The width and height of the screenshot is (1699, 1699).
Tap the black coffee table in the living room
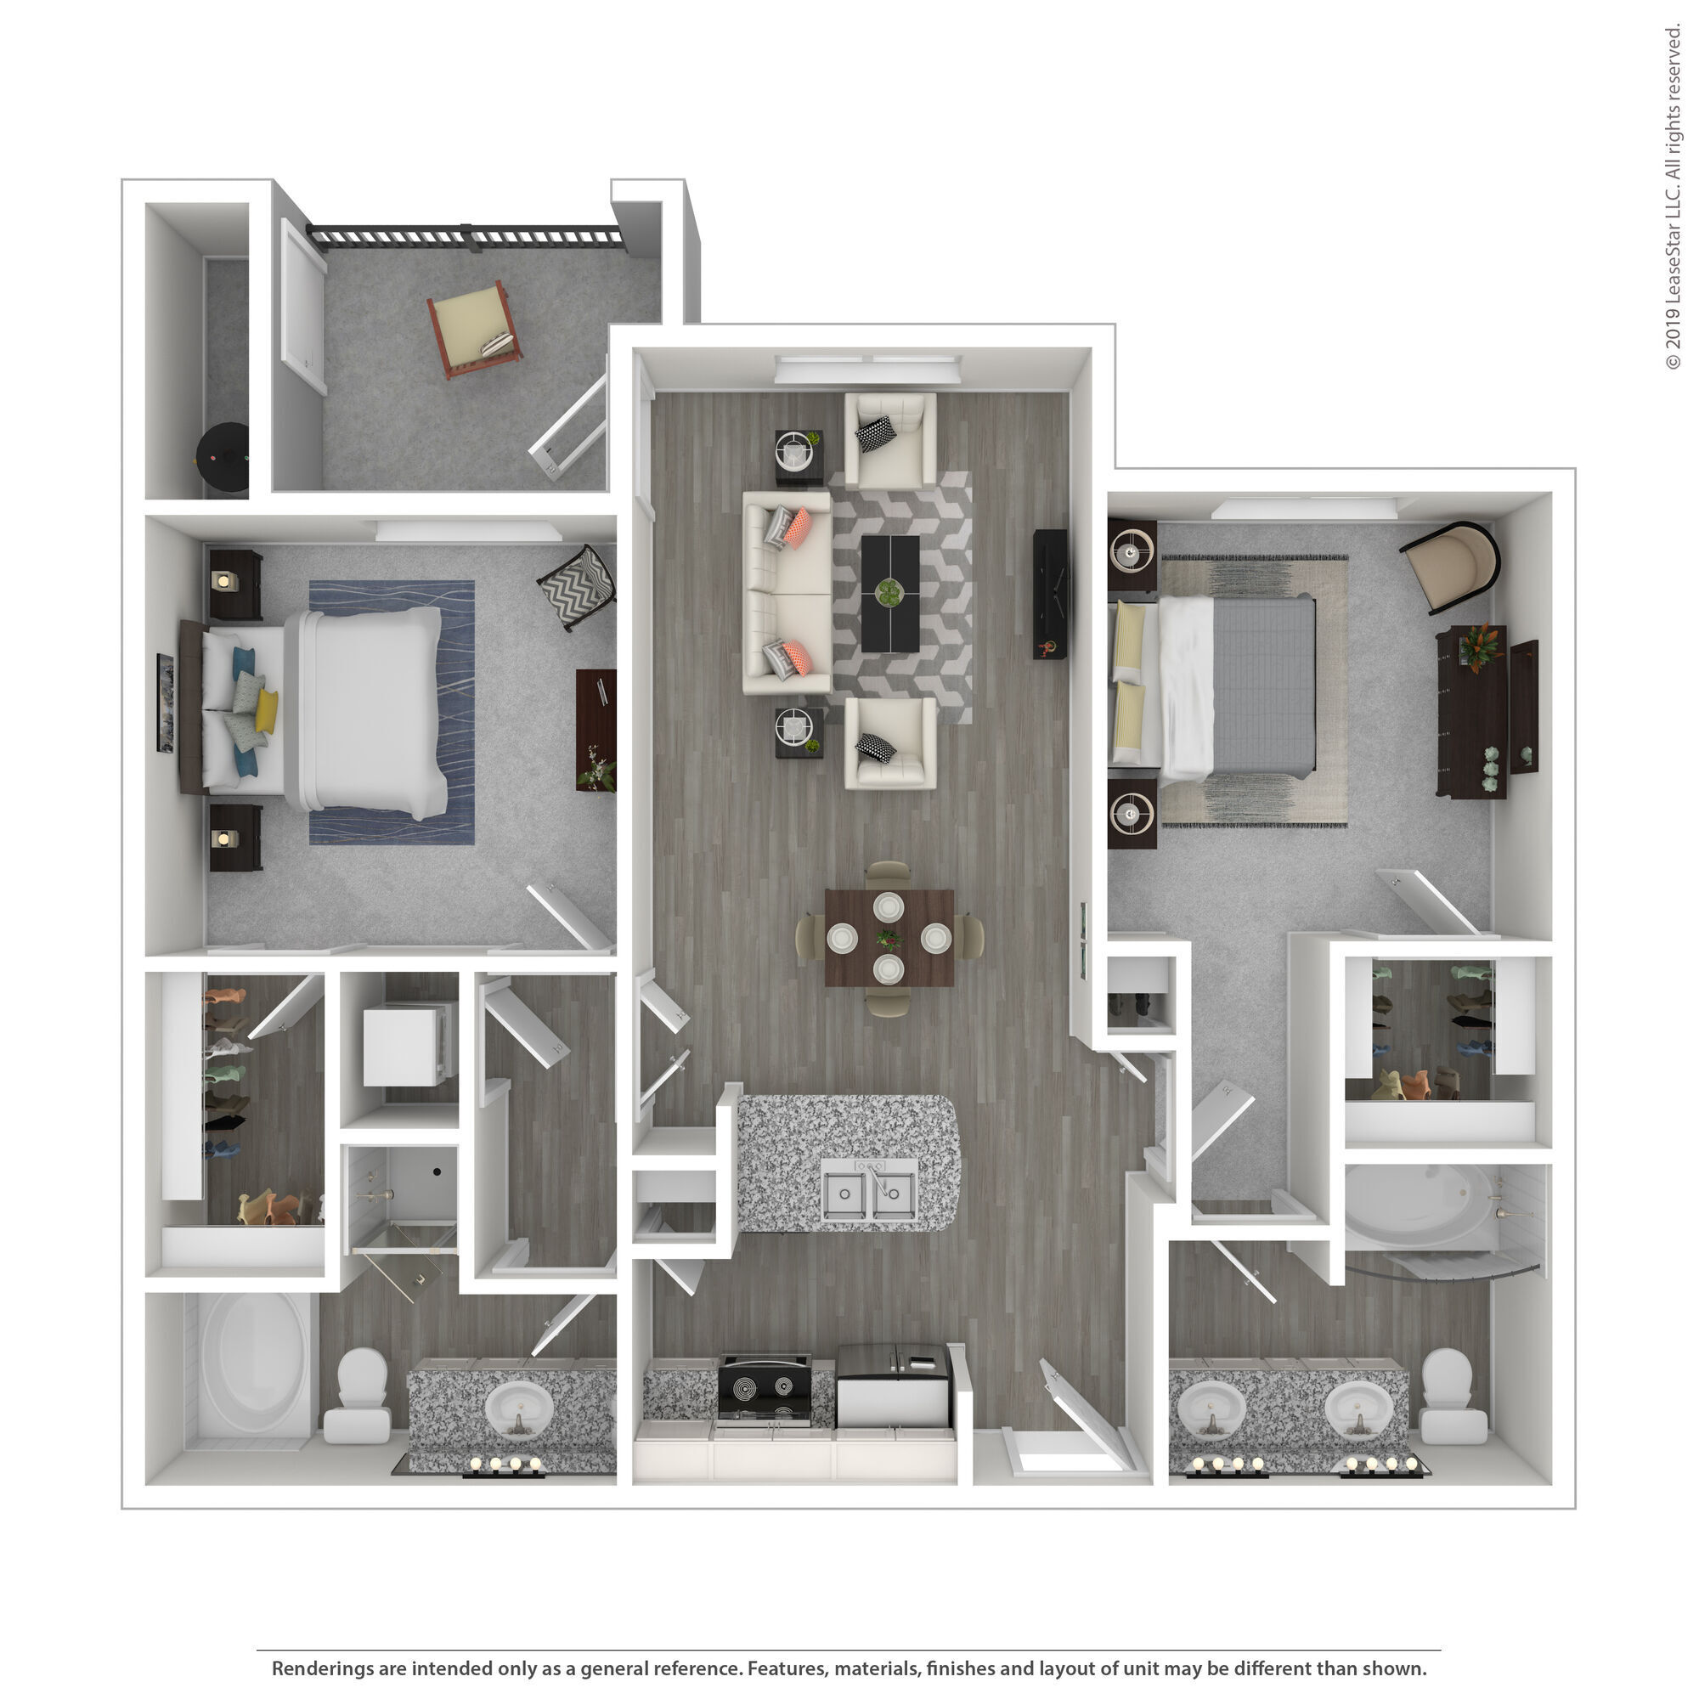point(890,594)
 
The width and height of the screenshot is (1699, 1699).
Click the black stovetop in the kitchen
point(764,1390)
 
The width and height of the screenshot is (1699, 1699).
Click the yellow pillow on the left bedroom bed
point(267,710)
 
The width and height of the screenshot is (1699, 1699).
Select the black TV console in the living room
point(1050,594)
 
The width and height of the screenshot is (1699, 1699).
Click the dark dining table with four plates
point(889,938)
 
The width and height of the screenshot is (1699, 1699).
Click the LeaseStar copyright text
point(1672,198)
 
